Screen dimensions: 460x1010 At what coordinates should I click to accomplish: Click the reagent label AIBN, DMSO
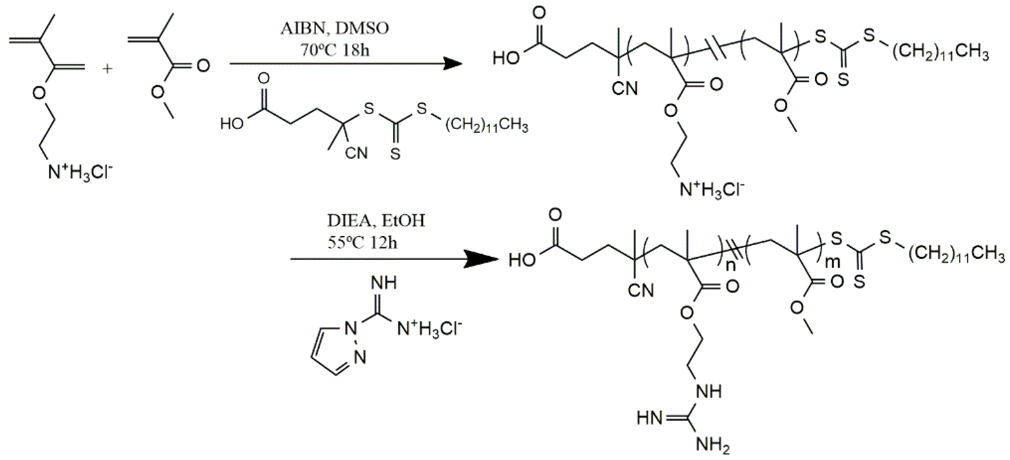click(x=335, y=29)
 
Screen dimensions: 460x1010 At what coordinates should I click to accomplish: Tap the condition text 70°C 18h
click(x=335, y=50)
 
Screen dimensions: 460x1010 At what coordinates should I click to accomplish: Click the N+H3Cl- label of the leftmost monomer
click(x=80, y=173)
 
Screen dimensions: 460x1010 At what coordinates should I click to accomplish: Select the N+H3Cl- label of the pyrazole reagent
click(x=430, y=329)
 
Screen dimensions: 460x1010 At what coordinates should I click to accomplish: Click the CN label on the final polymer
click(x=642, y=291)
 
